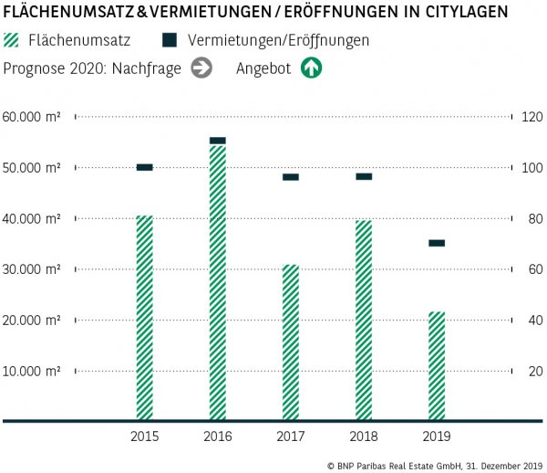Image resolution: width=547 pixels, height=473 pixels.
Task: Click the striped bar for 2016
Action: [218, 282]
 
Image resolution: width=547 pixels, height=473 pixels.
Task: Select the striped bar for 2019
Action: [437, 365]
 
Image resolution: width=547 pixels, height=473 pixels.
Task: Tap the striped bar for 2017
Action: [291, 342]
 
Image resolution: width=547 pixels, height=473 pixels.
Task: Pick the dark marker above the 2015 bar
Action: [145, 167]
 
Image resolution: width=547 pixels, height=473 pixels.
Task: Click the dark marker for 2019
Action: [437, 243]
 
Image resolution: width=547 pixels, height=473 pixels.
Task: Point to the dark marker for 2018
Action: [364, 176]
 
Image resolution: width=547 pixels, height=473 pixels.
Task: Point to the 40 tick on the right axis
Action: [527, 321]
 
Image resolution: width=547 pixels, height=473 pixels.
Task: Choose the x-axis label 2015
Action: [145, 436]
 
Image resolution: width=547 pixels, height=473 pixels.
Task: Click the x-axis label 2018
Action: [364, 436]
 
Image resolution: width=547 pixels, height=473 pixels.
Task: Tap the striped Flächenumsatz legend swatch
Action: [12, 41]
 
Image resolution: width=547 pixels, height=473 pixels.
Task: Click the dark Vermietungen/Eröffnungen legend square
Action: [169, 41]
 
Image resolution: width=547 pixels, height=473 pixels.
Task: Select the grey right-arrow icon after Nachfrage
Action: [202, 68]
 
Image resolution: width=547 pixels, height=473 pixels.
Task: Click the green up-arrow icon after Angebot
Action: [313, 68]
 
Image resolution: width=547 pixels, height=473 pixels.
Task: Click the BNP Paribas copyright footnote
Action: [434, 465]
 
